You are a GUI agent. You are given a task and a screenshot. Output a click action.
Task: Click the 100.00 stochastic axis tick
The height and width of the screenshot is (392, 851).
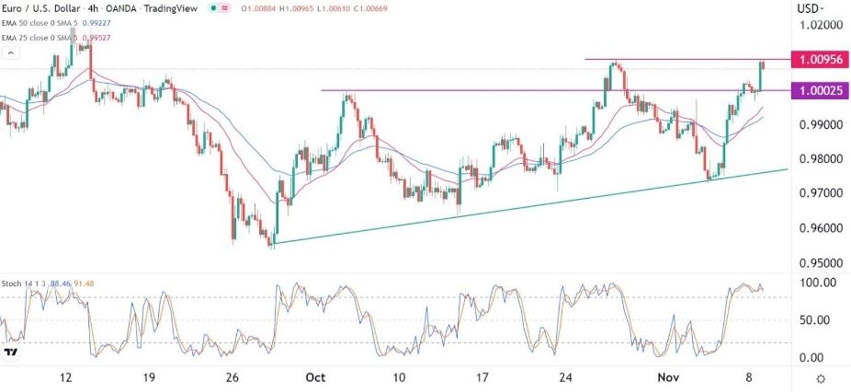pyautogui.click(x=813, y=282)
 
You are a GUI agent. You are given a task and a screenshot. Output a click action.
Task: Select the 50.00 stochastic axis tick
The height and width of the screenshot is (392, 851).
pyautogui.click(x=813, y=320)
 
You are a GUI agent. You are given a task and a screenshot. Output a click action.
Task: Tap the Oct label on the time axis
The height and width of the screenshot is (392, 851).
pyautogui.click(x=315, y=377)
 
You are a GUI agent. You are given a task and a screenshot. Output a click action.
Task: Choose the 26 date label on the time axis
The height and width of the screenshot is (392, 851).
pyautogui.click(x=233, y=377)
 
